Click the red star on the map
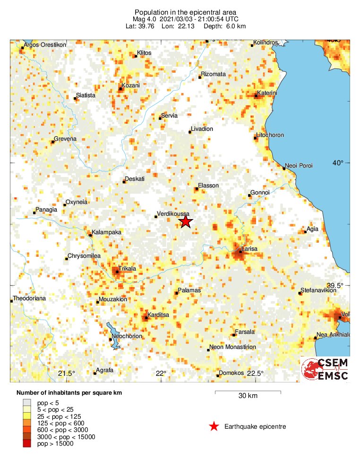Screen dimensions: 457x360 [186, 221]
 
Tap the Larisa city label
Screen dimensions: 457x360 [251, 248]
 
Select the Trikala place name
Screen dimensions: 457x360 [127, 268]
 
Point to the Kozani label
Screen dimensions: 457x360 [131, 85]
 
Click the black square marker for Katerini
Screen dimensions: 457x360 [256, 96]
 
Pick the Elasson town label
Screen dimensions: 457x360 [208, 186]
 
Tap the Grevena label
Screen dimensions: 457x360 [65, 139]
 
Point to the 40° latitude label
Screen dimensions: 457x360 [338, 163]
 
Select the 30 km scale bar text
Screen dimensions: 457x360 [248, 396]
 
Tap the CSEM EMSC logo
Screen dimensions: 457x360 [325, 369]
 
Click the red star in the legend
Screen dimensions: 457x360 [214, 427]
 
